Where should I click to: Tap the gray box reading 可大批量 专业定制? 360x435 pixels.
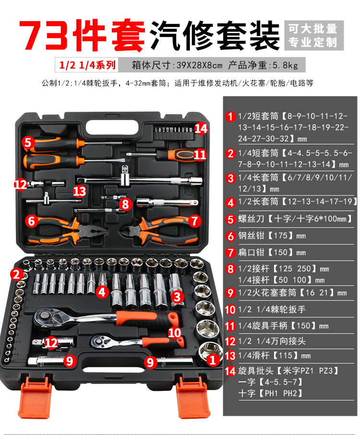click(314, 35)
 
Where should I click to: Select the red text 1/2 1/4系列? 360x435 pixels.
click(87, 65)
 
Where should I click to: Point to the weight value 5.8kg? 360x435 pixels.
click(285, 65)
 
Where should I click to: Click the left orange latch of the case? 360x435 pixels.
click(35, 397)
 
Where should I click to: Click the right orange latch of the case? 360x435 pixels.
click(193, 397)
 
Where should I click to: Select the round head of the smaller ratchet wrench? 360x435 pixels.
click(98, 340)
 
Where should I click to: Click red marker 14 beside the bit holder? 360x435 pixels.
click(201, 129)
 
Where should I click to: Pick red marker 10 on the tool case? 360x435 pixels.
click(174, 333)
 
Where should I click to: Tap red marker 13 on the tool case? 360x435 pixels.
click(80, 191)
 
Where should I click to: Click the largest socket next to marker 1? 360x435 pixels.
click(210, 353)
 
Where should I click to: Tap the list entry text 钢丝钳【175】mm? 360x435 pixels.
click(272, 236)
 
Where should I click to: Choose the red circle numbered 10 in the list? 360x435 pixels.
click(230, 309)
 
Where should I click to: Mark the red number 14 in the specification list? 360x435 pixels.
click(230, 371)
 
